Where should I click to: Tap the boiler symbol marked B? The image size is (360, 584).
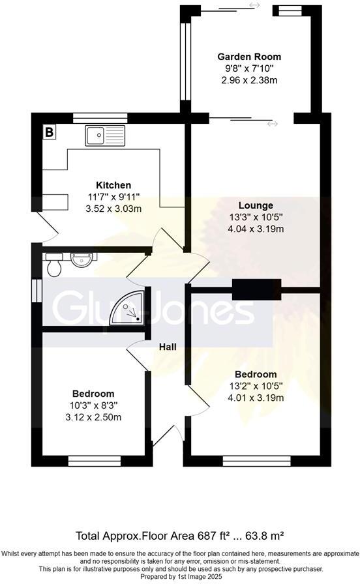[49, 132]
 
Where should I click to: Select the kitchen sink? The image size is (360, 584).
[104, 136]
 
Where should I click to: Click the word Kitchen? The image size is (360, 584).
[113, 185]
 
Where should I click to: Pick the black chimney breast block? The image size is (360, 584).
[256, 289]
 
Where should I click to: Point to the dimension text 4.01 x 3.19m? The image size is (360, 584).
[255, 398]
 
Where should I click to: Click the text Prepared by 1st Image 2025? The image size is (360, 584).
[180, 577]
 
